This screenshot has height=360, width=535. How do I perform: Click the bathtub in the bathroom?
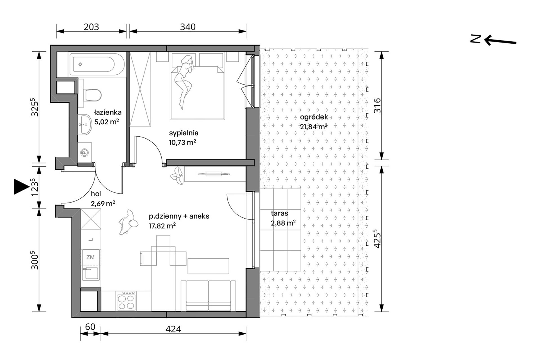click(x=97, y=64)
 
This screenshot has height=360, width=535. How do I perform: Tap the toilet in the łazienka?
click(x=92, y=95)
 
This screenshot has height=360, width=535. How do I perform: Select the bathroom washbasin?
click(x=84, y=125)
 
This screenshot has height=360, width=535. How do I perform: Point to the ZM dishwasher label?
click(x=90, y=257)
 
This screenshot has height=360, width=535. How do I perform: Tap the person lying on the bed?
click(x=183, y=82)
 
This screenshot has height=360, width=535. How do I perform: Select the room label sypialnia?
click(x=184, y=133)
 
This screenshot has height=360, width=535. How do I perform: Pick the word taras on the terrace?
click(x=279, y=213)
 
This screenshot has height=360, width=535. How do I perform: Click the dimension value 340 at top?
click(x=188, y=27)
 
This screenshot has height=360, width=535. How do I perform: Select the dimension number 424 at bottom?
click(x=173, y=329)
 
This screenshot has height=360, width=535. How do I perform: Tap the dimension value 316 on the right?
click(x=377, y=105)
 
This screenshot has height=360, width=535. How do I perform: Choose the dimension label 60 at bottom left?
click(x=90, y=327)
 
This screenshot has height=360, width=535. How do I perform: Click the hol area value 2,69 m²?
click(x=103, y=203)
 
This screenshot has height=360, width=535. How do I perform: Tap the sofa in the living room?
click(x=208, y=296)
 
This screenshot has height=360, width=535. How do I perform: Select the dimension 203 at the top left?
click(x=92, y=27)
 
